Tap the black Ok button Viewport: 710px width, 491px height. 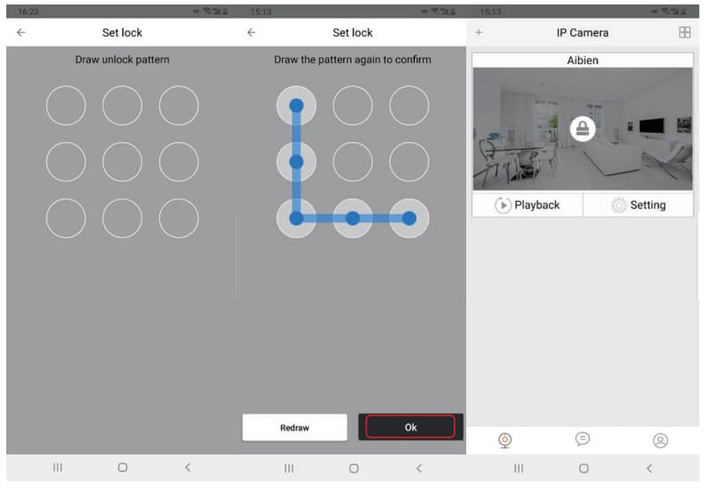point(410,427)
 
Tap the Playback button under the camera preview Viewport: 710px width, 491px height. point(528,205)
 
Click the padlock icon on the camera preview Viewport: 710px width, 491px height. point(582,129)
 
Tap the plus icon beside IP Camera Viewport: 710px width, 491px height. point(479,32)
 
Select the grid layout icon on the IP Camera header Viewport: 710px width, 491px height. point(685,32)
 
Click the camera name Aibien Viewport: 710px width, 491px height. point(582,60)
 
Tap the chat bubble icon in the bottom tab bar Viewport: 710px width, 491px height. point(582,439)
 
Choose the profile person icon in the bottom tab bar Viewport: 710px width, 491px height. point(660,440)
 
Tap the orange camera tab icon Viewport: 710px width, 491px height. point(504,440)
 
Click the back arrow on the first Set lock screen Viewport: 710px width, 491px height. point(20,32)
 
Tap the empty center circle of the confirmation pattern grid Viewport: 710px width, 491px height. point(352,162)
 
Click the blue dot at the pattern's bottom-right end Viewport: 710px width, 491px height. point(409,218)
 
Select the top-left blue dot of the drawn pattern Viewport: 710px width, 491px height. point(296,106)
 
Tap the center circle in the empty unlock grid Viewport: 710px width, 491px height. point(122,162)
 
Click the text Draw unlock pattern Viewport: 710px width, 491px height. point(122,60)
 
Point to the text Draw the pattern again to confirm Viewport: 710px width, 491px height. point(352,60)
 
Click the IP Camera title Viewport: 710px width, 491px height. point(582,33)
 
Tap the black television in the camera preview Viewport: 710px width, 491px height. point(651,125)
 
